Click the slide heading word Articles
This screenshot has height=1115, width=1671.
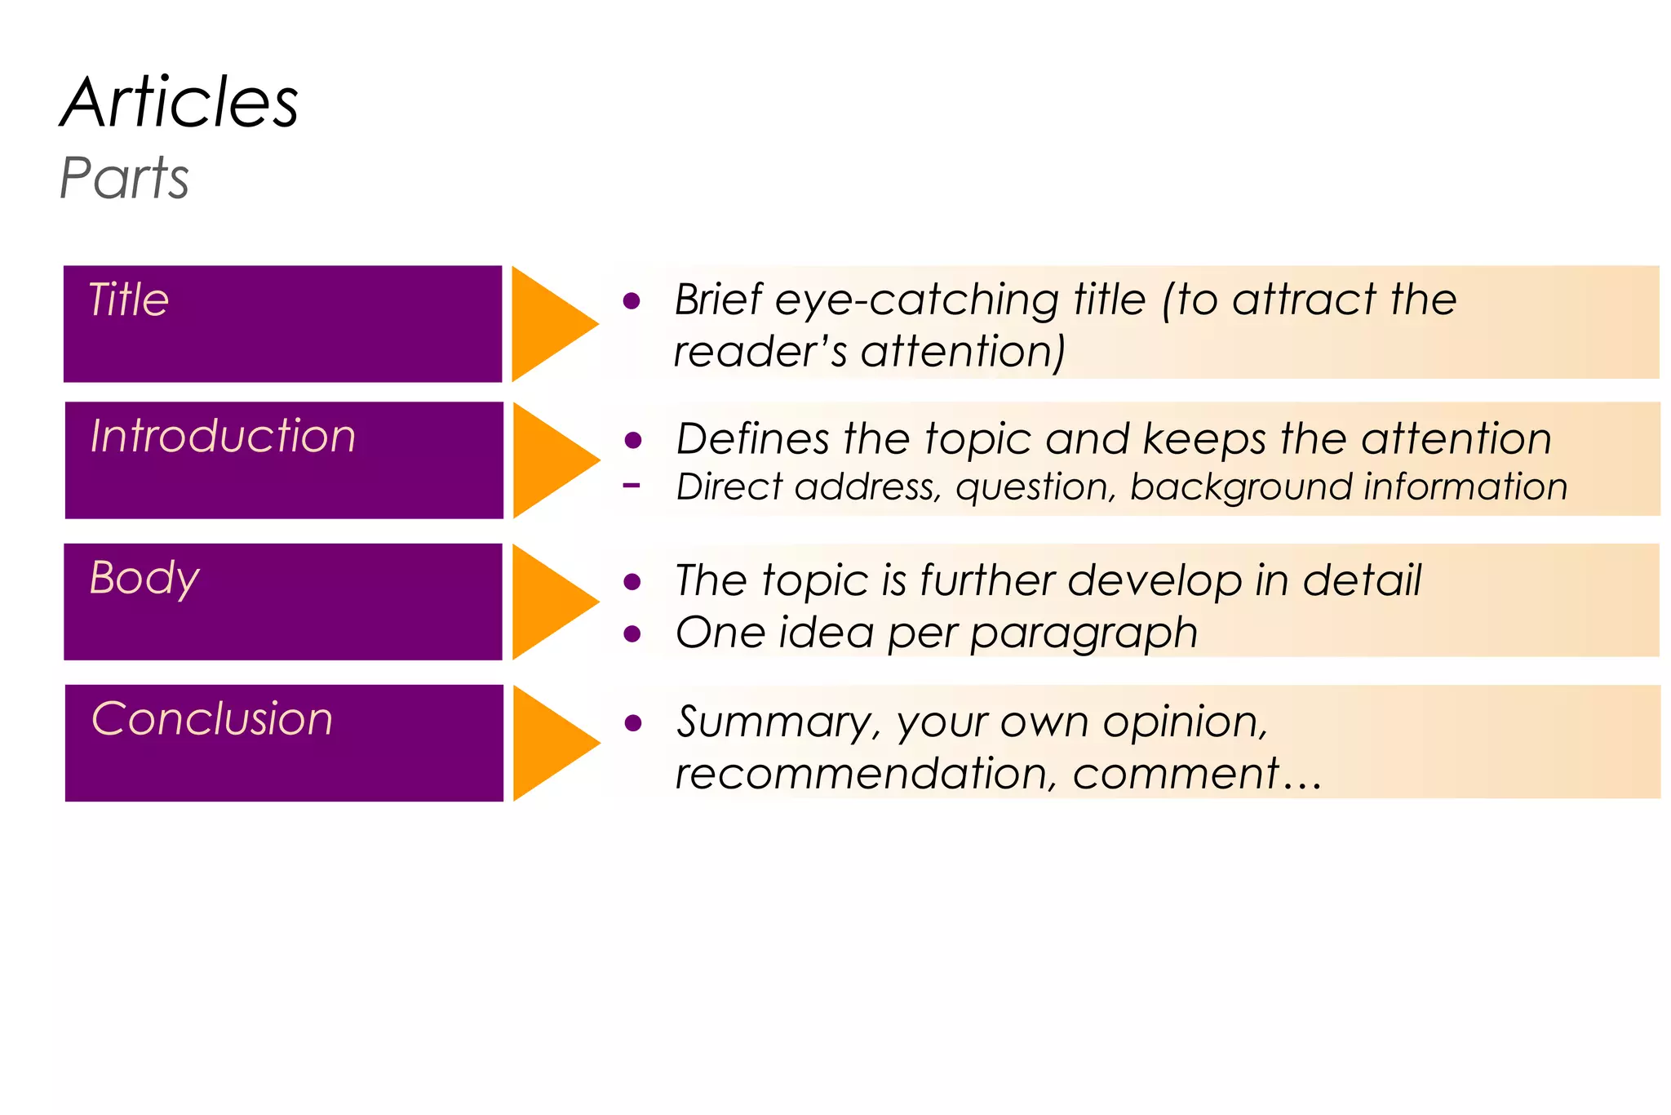180,103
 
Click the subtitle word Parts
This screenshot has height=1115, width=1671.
124,178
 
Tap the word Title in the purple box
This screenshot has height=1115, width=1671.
129,300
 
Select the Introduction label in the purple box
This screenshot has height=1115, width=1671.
223,436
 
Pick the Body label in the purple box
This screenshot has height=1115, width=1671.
144,579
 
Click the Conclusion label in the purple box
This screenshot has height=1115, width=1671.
212,719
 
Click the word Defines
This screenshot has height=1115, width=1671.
752,439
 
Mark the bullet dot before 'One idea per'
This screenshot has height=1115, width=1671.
632,634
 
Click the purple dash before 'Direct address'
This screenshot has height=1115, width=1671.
631,486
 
